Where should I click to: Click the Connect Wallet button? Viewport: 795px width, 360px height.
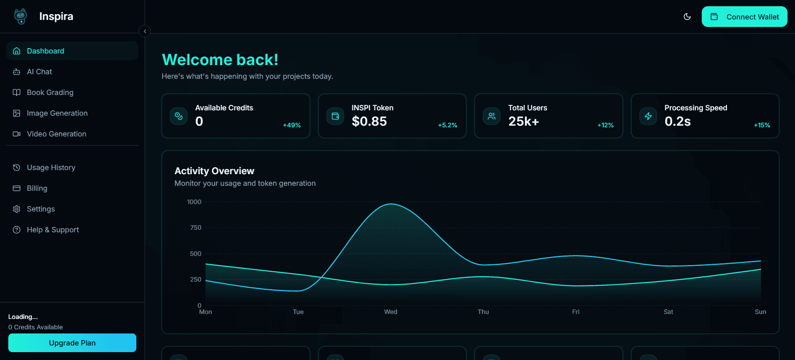(x=744, y=17)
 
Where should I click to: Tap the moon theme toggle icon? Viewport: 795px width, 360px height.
(x=687, y=17)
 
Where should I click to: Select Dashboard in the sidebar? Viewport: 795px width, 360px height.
(x=46, y=51)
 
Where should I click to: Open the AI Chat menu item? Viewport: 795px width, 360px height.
(x=39, y=72)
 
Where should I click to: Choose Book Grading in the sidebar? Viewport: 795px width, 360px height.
(x=50, y=92)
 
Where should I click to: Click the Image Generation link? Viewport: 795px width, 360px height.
(x=57, y=113)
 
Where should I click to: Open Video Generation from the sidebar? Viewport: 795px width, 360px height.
(x=56, y=134)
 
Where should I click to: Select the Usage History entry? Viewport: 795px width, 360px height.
(x=51, y=168)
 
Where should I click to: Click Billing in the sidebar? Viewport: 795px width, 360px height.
(x=37, y=188)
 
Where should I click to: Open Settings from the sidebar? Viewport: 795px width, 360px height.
(x=41, y=209)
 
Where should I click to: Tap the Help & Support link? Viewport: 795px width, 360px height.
(x=53, y=230)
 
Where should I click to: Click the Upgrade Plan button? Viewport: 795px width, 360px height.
(x=72, y=343)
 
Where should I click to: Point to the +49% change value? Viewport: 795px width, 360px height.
(x=292, y=125)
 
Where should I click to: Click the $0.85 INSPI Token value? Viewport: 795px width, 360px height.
(x=369, y=122)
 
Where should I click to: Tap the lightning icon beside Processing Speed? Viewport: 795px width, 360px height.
(x=648, y=116)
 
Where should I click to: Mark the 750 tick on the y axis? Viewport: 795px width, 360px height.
(x=195, y=228)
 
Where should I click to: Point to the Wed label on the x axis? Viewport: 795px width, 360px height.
(x=390, y=312)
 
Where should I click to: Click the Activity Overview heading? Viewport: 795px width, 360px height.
(x=214, y=171)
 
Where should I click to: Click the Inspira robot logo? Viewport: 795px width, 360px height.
(x=20, y=17)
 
